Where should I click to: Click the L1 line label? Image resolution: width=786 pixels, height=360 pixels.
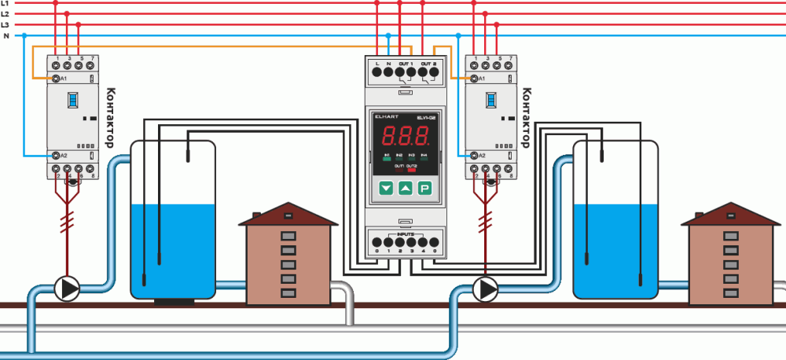click(x=6, y=3)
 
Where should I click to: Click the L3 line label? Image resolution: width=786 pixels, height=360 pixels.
click(x=6, y=25)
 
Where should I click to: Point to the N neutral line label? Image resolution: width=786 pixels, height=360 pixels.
click(x=6, y=36)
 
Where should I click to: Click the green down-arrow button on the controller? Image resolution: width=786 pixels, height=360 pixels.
click(x=385, y=189)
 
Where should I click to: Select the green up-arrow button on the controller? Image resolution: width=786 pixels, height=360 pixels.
click(x=405, y=189)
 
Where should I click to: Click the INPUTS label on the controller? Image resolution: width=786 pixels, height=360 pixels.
click(x=406, y=233)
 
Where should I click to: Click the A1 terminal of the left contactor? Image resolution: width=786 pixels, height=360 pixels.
click(x=57, y=79)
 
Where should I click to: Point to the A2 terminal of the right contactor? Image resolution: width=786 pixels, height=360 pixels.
click(x=474, y=156)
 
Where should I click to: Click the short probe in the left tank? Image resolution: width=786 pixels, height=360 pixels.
click(x=189, y=151)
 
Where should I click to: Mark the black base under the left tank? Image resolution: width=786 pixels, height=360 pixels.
click(x=172, y=301)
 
